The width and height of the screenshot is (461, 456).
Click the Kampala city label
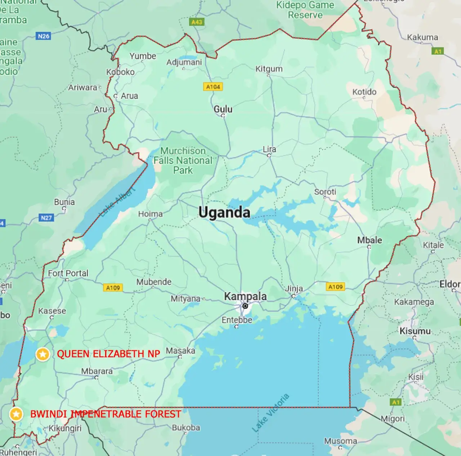point(245,296)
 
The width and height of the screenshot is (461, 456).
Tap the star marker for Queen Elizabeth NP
point(43,354)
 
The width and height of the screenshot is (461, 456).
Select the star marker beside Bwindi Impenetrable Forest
point(16,414)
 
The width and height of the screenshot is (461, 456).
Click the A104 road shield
point(213,87)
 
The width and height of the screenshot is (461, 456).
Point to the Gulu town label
point(223,109)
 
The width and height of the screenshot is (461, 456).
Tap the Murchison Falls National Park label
point(183,161)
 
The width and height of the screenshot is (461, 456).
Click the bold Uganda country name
point(224,213)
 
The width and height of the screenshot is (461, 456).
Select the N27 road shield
point(46,218)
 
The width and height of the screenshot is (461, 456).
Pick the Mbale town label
point(370,240)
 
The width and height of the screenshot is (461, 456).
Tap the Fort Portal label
point(68,273)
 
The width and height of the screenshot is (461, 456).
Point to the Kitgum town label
point(269,69)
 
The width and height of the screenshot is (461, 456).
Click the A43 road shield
point(197,22)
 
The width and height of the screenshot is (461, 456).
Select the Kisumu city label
point(415,331)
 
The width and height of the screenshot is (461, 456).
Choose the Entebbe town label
point(237,320)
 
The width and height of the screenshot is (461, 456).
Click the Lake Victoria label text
point(270,413)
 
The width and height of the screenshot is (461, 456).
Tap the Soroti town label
point(325,192)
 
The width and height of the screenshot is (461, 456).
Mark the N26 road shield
point(44,36)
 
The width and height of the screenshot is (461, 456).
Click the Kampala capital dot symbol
point(245,306)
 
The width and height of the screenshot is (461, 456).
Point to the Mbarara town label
point(97,371)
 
